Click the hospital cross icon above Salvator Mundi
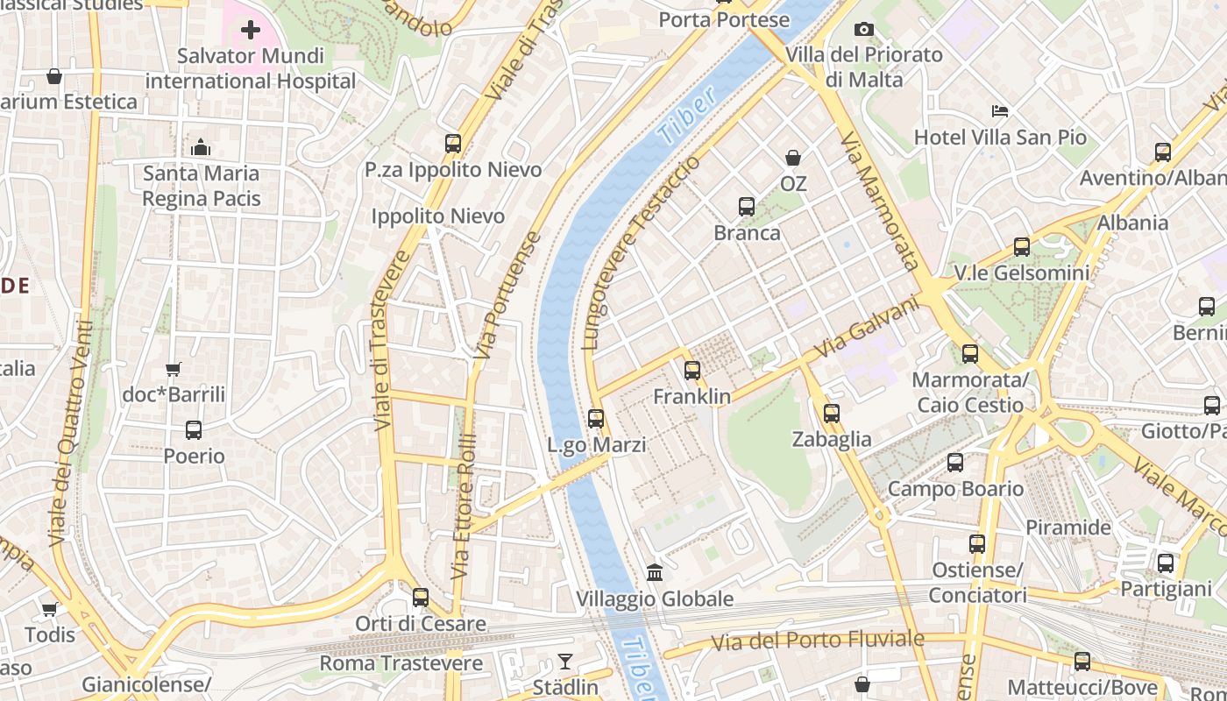(x=251, y=31)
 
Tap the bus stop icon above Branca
(x=747, y=207)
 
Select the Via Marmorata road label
(x=879, y=201)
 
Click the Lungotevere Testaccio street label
(x=642, y=253)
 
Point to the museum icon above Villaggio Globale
(x=655, y=573)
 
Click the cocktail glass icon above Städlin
(x=565, y=662)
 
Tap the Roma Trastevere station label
(x=401, y=663)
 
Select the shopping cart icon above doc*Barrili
(x=174, y=370)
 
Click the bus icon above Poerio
(x=194, y=430)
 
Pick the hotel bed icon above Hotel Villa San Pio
(x=1000, y=111)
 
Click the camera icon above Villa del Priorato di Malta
(x=863, y=30)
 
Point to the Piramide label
(x=1067, y=528)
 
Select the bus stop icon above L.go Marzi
(x=596, y=419)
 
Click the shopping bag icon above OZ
(x=793, y=158)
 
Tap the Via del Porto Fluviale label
(x=817, y=641)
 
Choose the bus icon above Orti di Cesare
(x=421, y=598)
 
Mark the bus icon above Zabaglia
(x=832, y=414)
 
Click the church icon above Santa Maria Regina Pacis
(x=201, y=147)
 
